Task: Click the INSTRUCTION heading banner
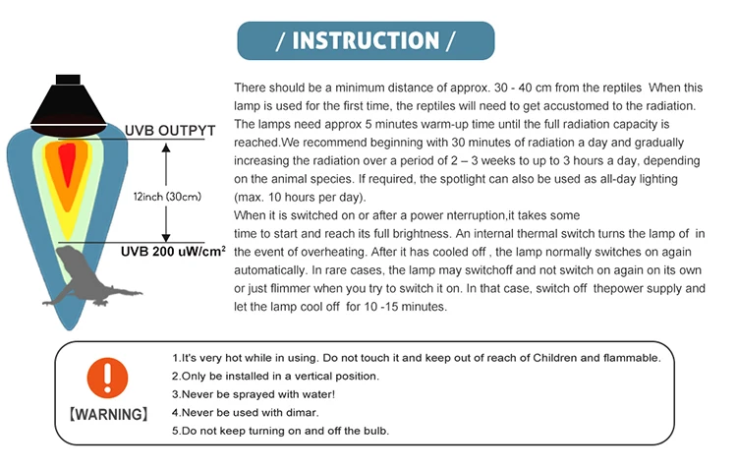click(x=367, y=40)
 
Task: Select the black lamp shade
click(x=67, y=102)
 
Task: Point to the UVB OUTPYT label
click(x=164, y=130)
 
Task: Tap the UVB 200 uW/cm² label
click(x=173, y=253)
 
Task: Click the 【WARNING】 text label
click(x=108, y=414)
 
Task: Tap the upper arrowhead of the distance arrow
click(x=166, y=146)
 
